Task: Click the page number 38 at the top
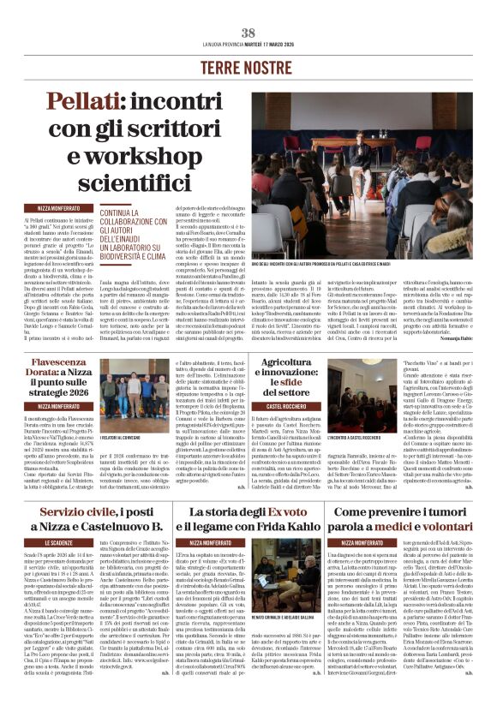248,33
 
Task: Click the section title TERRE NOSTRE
248,66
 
